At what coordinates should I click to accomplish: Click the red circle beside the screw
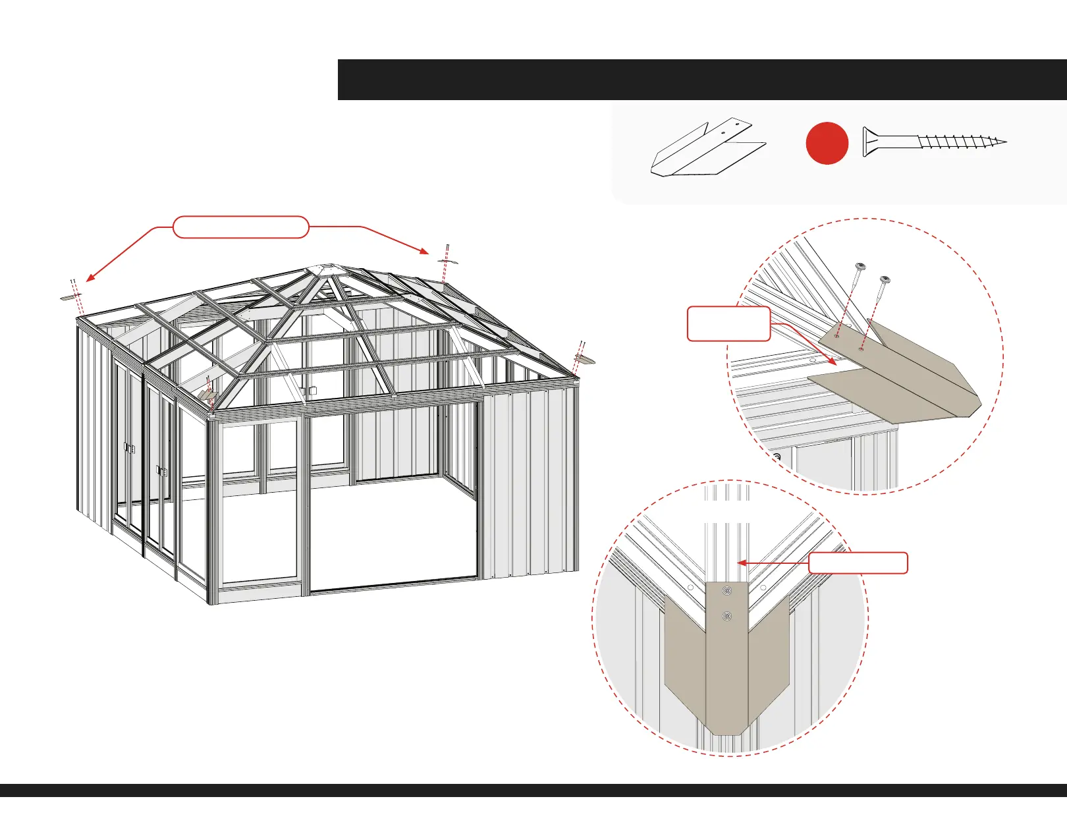827,143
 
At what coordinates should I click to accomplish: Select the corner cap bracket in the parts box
707,149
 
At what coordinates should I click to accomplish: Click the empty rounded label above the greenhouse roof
241,227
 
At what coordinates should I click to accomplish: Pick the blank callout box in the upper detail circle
728,323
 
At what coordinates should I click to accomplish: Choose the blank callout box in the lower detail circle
858,563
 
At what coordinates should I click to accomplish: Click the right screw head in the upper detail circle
885,280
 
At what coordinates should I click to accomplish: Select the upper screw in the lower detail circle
727,591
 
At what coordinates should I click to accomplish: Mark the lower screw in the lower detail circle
727,617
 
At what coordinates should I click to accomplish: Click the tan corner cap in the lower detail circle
726,665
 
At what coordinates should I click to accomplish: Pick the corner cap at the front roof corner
208,394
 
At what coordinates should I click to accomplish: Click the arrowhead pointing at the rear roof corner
425,250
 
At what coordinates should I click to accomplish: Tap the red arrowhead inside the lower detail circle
741,563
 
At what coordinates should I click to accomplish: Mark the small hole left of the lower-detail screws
690,588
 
